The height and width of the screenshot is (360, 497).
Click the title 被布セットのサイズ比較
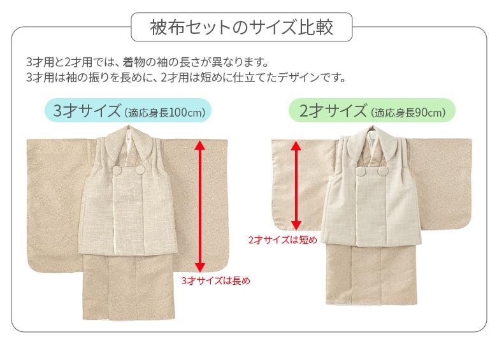(241, 27)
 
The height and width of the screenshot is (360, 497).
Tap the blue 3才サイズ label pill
(128, 110)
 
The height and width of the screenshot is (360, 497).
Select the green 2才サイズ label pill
(372, 110)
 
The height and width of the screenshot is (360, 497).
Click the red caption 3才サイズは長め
(216, 281)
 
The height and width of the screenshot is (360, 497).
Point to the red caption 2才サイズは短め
(283, 240)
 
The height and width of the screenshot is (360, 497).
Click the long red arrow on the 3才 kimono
(199, 206)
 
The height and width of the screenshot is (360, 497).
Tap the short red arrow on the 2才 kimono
(296, 185)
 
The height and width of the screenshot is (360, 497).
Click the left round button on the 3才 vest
(118, 171)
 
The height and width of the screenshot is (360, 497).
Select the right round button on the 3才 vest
(140, 170)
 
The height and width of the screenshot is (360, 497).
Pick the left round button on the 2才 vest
(361, 171)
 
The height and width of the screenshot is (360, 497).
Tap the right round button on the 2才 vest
(383, 171)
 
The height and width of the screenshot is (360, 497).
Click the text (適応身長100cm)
(165, 113)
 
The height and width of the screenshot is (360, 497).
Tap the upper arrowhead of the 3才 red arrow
(199, 145)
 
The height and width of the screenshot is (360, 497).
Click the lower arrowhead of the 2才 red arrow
(296, 226)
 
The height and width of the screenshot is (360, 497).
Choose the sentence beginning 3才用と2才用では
(148, 62)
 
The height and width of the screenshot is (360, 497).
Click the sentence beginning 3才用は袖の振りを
(186, 77)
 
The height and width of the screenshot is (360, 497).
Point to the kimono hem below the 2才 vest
(371, 274)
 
